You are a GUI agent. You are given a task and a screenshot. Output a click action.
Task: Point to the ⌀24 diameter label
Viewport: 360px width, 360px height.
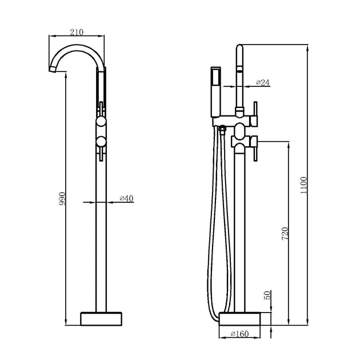click(263, 83)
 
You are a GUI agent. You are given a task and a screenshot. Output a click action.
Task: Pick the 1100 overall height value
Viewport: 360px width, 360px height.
click(304, 185)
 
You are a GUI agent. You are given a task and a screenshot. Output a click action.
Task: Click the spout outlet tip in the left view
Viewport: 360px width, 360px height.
click(51, 69)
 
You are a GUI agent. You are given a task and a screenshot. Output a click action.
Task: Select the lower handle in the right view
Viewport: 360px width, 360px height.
click(254, 141)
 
